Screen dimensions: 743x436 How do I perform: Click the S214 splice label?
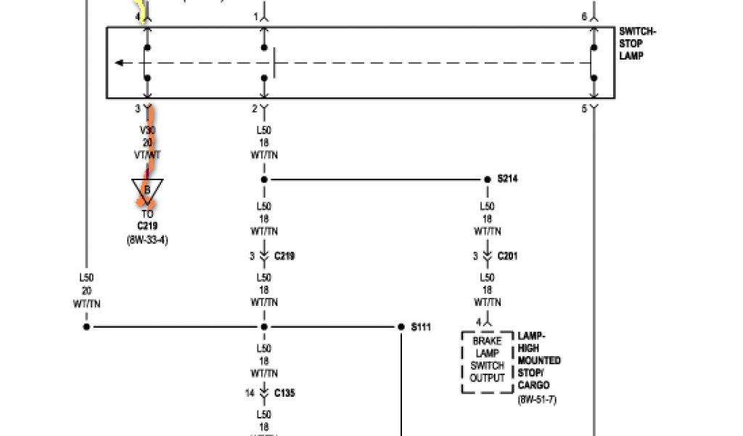point(508,179)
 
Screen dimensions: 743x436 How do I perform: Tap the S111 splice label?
point(421,327)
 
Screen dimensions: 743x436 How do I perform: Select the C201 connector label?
point(508,256)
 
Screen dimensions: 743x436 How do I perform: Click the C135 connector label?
point(284,393)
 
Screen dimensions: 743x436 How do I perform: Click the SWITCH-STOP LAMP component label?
point(637,44)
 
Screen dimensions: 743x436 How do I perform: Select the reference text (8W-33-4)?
point(147,239)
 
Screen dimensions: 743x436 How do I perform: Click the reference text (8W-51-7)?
point(538,400)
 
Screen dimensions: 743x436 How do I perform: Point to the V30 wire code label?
point(147,131)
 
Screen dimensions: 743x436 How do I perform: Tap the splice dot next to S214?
point(488,179)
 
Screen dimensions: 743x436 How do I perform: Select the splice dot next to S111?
point(401,327)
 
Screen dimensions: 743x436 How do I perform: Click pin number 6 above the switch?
point(584,16)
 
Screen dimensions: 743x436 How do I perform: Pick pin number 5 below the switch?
point(584,109)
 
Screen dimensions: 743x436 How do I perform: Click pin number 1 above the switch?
point(255,16)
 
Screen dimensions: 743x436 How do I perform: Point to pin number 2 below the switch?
point(255,109)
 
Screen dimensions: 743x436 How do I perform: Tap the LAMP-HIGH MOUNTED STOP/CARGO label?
point(539,360)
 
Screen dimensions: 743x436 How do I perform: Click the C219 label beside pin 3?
point(284,256)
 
